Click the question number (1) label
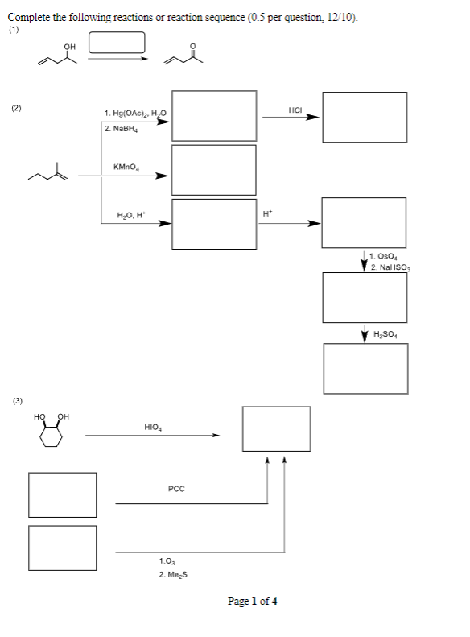tap(13, 32)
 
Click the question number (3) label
tap(17, 399)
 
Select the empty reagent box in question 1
tap(117, 43)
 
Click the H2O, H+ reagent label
tap(130, 214)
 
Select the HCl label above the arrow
tap(295, 109)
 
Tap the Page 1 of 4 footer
tap(253, 602)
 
